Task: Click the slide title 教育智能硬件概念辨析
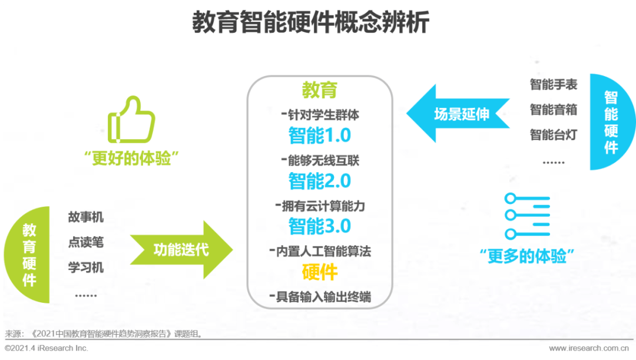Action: coord(310,22)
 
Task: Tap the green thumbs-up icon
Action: coord(131,120)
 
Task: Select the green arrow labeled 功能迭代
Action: coord(181,250)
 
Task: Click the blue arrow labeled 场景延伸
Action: coord(458,114)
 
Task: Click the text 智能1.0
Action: coord(320,136)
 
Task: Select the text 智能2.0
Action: coord(320,181)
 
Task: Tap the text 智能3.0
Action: coord(320,226)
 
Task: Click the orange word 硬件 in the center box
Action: coord(320,272)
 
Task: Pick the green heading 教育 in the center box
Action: coord(320,90)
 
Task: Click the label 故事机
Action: coord(85,217)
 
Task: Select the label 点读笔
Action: coord(85,242)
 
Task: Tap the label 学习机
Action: coord(85,267)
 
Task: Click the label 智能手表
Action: coord(553,84)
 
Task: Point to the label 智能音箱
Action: coord(553,110)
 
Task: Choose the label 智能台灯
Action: coord(553,135)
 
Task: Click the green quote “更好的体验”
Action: coord(131,158)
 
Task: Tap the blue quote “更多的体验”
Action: coord(527,256)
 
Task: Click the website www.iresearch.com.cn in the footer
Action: coord(588,348)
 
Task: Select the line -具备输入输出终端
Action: coord(320,297)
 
